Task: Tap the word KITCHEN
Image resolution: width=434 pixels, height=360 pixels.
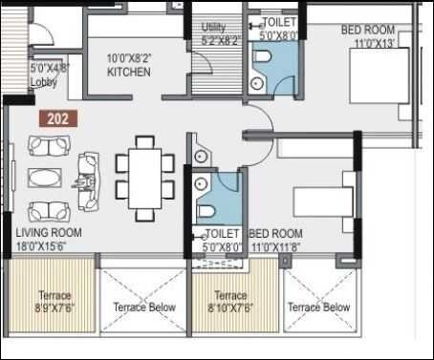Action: point(128,73)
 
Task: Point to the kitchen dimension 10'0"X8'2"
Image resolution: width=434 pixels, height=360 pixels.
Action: point(128,58)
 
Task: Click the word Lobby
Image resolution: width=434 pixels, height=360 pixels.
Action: point(44,82)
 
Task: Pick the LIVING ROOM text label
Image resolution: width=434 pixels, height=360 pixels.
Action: point(49,233)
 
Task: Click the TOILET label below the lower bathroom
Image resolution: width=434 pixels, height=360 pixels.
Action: point(222,233)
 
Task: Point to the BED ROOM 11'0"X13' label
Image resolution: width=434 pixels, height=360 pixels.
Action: point(367,36)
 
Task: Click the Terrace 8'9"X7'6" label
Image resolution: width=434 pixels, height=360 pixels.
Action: point(54,301)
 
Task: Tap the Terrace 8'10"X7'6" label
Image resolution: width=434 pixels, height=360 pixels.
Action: point(230,302)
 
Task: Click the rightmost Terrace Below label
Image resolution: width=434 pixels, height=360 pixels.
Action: point(318,307)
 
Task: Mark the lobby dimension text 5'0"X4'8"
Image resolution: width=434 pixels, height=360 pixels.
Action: point(50,69)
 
